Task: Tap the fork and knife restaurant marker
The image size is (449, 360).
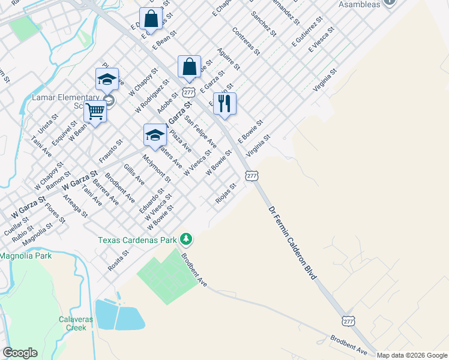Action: pyautogui.click(x=224, y=104)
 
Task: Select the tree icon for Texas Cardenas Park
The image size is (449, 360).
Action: pyautogui.click(x=187, y=239)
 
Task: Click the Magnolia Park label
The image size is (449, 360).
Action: pyautogui.click(x=26, y=256)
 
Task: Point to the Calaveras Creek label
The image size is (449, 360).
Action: pyautogui.click(x=76, y=323)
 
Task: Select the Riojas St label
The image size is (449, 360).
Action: pyautogui.click(x=226, y=193)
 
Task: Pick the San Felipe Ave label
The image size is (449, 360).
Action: pyautogui.click(x=200, y=132)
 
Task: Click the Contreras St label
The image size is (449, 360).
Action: pyautogui.click(x=246, y=41)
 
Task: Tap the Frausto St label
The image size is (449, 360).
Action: pyautogui.click(x=110, y=151)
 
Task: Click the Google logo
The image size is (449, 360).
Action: pyautogui.click(x=20, y=353)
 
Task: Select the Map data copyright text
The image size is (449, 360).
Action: pyautogui.click(x=412, y=355)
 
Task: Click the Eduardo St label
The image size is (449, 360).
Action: pyautogui.click(x=151, y=200)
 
